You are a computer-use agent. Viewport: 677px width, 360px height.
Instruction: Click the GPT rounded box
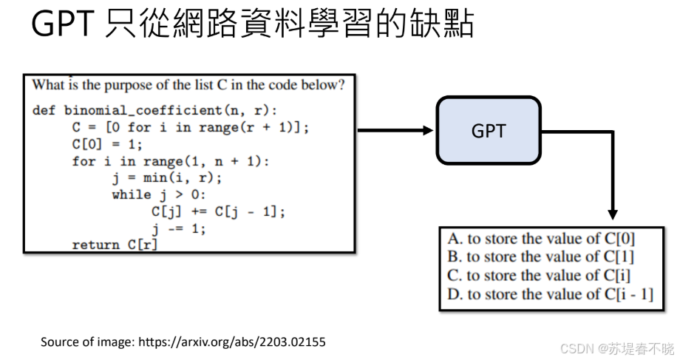coord(489,130)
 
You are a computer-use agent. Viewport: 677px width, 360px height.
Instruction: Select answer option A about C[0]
coord(541,239)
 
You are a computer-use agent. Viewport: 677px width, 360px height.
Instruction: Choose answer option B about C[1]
coord(540,257)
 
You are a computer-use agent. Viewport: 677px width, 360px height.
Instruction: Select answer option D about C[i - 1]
coord(550,293)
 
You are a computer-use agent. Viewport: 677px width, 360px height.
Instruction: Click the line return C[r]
coord(115,245)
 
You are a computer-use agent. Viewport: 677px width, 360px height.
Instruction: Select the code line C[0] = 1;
coord(107,144)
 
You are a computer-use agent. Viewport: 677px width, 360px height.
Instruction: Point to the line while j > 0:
coord(157,195)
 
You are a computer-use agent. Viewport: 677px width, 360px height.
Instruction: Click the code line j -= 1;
coord(179,228)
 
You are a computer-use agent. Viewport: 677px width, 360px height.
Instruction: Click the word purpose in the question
coord(121,84)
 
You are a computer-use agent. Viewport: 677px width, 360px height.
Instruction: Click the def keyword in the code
coord(44,110)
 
